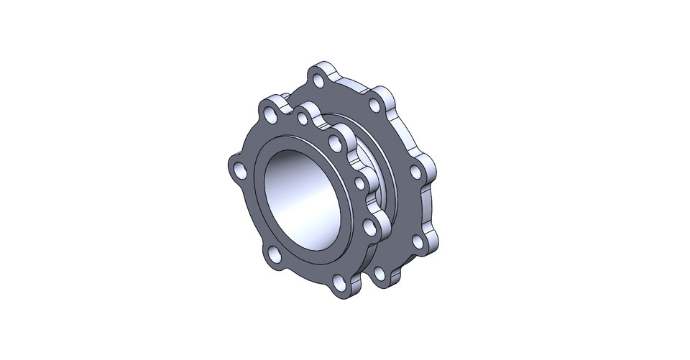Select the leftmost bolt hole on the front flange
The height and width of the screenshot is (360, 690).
click(239, 170)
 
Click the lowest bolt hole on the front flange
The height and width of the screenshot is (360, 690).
click(340, 290)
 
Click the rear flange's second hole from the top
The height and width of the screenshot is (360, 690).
click(373, 106)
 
